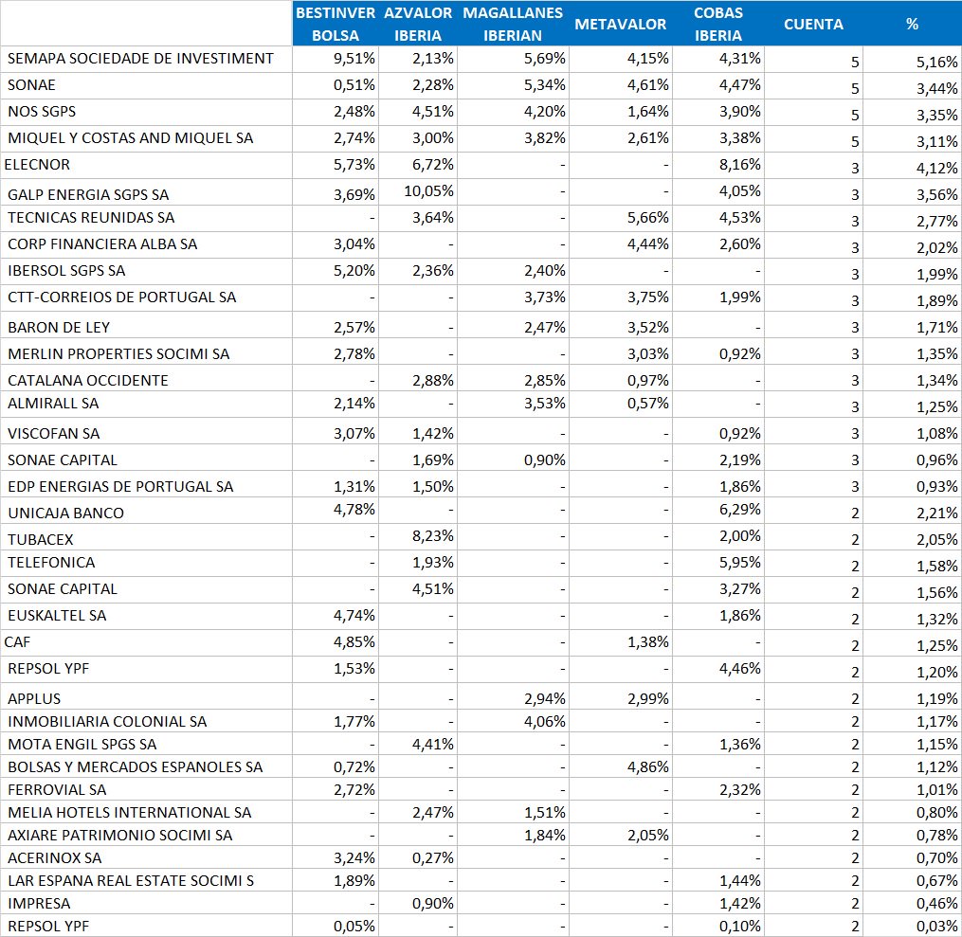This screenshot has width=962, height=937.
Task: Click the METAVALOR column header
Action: pos(620,24)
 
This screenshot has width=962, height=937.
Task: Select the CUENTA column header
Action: pos(813,24)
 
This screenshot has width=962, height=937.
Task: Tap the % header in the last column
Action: pos(912,24)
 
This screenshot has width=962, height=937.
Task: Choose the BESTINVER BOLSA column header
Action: pos(336,24)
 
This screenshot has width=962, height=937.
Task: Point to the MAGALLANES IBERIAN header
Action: pos(513,24)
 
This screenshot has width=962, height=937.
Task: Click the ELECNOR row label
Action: pos(37,164)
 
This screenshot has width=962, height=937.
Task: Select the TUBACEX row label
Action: pos(41,539)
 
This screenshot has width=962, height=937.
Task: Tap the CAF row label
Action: pos(18,641)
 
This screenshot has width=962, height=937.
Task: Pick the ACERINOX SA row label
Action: pos(55,857)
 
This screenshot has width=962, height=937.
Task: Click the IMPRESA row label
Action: pos(39,903)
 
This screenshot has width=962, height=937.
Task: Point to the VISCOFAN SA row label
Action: pos(54,433)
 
